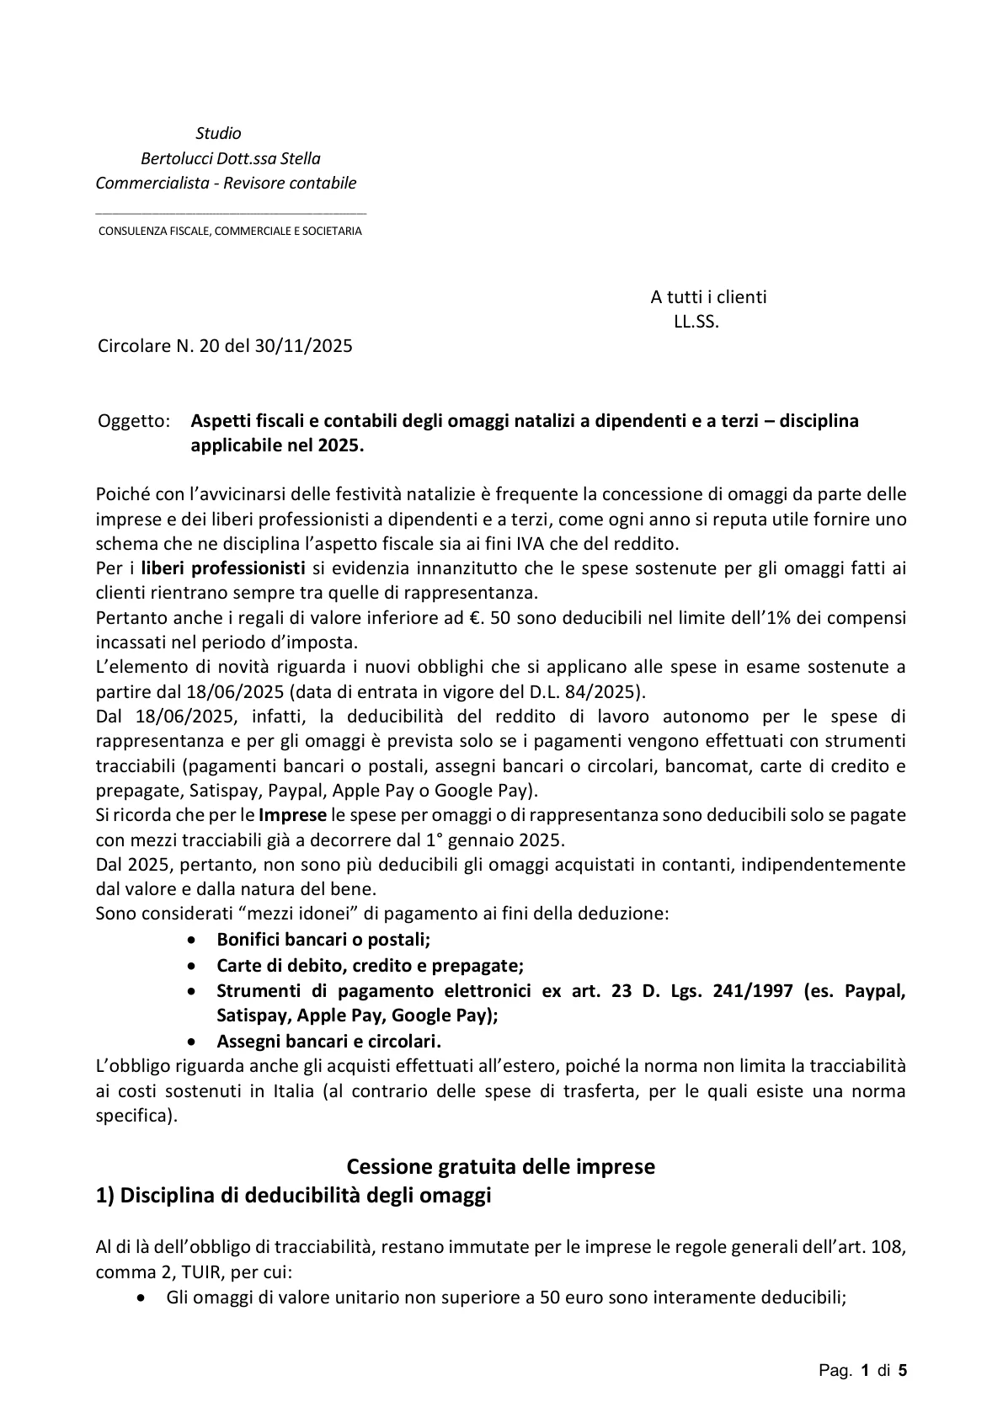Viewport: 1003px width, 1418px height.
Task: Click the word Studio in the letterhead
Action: [218, 133]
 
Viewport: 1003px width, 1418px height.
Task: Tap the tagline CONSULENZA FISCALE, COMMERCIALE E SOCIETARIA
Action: [230, 231]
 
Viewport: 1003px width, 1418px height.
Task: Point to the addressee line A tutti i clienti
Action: [708, 296]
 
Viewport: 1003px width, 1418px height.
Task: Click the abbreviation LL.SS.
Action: [696, 322]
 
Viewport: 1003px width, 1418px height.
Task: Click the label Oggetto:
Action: [134, 421]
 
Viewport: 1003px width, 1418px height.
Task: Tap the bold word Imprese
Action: [292, 815]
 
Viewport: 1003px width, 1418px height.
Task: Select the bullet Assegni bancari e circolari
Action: [328, 1040]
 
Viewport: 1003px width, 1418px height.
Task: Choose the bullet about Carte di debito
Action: [370, 965]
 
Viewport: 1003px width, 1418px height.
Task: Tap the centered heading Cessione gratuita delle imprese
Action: [501, 1167]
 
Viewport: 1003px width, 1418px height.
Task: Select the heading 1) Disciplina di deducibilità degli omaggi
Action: [293, 1196]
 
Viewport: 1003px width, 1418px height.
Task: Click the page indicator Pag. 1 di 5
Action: [863, 1371]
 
